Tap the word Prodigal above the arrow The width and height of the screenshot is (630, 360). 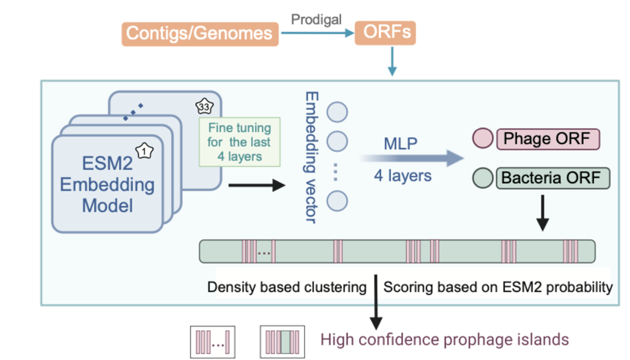pos(316,19)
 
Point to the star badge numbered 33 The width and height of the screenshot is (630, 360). pos(203,106)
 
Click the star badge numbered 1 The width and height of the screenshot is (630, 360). pos(145,151)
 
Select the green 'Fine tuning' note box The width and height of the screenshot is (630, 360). pos(239,142)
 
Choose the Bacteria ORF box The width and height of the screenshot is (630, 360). pos(550,178)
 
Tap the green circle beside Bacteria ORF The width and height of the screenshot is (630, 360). pos(483,178)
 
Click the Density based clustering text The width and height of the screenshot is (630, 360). pos(287,287)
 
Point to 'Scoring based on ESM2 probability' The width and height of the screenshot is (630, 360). pos(498,287)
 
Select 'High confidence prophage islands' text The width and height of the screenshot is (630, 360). pos(444,340)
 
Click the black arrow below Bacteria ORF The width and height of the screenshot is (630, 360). pos(542,213)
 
